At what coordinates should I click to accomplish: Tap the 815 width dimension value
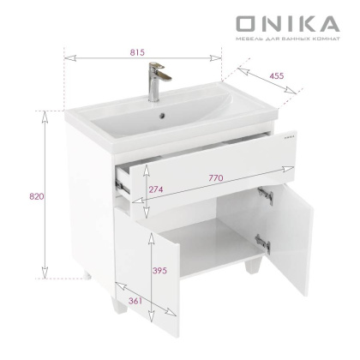[x=137, y=51]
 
